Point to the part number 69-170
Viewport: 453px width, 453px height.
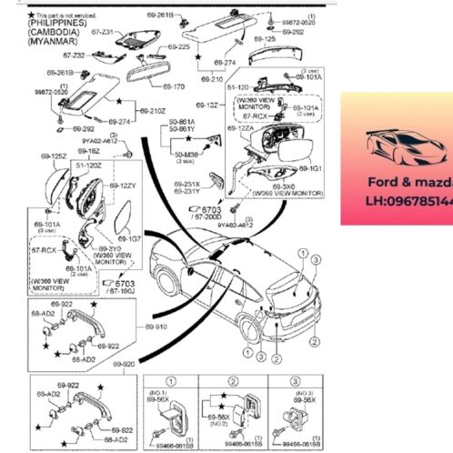tap(172, 86)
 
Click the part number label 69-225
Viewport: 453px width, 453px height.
tap(178, 46)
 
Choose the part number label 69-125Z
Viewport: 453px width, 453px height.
tap(55, 156)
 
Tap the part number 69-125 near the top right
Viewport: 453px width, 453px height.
tap(264, 40)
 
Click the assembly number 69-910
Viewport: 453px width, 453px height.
tap(156, 326)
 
